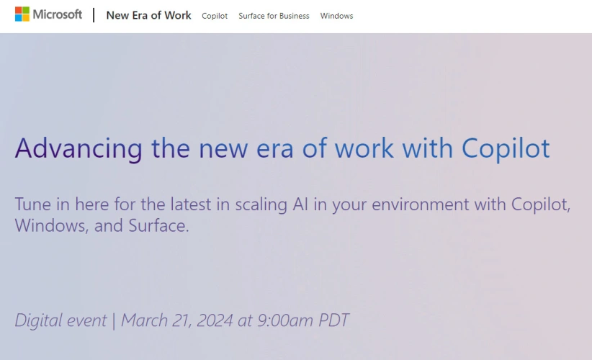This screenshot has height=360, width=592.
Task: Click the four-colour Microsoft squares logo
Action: [22, 14]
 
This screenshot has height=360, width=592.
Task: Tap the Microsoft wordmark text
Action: [58, 14]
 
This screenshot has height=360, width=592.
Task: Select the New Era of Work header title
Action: [149, 15]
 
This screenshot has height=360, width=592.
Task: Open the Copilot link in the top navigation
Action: [215, 16]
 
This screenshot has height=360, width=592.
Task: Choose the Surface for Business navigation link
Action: [274, 16]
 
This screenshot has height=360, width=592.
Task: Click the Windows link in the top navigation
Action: [336, 16]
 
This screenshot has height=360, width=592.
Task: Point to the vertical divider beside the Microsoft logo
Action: [94, 15]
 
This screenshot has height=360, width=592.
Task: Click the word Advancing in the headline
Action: [79, 148]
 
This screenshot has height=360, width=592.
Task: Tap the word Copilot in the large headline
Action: [506, 148]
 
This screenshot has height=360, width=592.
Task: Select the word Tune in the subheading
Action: [33, 204]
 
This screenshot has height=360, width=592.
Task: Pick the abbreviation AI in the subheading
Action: [300, 204]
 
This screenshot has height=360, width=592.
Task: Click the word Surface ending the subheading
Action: [158, 225]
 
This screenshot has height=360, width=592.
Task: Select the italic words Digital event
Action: [60, 320]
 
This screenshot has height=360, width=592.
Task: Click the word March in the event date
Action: [144, 320]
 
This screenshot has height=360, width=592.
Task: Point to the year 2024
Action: [215, 320]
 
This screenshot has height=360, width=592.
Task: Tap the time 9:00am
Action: [285, 320]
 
